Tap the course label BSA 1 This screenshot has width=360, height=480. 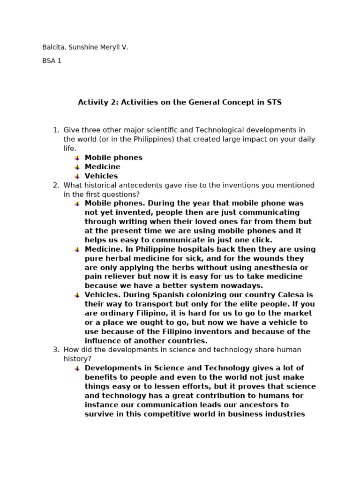[52, 61]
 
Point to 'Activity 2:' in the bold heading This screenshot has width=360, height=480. [98, 102]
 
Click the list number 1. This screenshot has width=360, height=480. [55, 130]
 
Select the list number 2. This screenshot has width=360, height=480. [55, 185]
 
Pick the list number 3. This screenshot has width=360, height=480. [55, 350]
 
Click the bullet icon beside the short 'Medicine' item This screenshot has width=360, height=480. [77, 167]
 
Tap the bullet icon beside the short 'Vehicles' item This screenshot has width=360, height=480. [77, 177]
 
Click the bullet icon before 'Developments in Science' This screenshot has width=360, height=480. [77, 368]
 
